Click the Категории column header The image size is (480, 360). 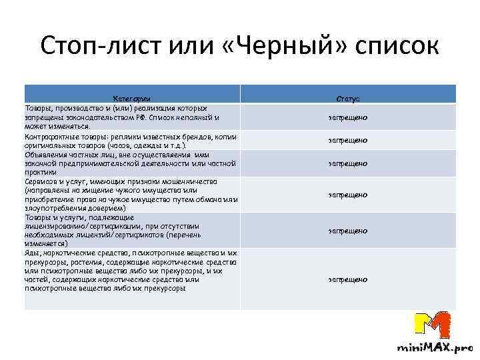[x=131, y=98]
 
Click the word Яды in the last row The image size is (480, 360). [x=31, y=253]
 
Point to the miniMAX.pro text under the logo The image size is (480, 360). [x=434, y=348]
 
